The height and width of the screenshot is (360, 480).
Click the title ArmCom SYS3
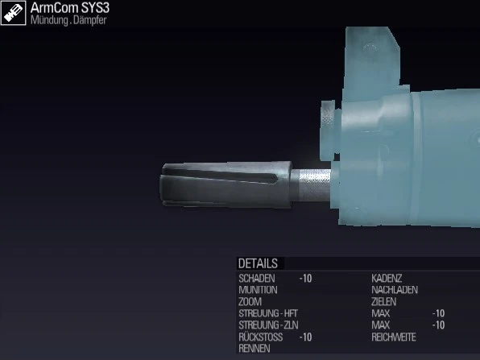pyautogui.click(x=70, y=8)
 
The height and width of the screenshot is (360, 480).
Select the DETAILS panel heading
pyautogui.click(x=258, y=263)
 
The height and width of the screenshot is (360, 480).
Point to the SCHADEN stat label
pyautogui.click(x=257, y=278)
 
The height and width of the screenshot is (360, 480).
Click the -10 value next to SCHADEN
pyautogui.click(x=305, y=278)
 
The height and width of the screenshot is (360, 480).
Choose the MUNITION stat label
pyautogui.click(x=258, y=289)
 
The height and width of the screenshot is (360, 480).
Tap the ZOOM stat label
pyautogui.click(x=250, y=301)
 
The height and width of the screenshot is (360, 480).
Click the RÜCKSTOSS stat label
pyautogui.click(x=260, y=337)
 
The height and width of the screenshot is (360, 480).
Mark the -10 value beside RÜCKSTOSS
pyautogui.click(x=305, y=337)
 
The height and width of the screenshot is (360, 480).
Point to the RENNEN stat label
pyautogui.click(x=254, y=349)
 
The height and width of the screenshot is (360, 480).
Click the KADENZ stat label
pyautogui.click(x=387, y=278)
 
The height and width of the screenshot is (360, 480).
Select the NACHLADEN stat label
pyautogui.click(x=394, y=289)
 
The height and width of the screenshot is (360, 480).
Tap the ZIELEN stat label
pyautogui.click(x=383, y=301)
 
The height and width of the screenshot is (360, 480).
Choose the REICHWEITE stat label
pyautogui.click(x=394, y=337)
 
